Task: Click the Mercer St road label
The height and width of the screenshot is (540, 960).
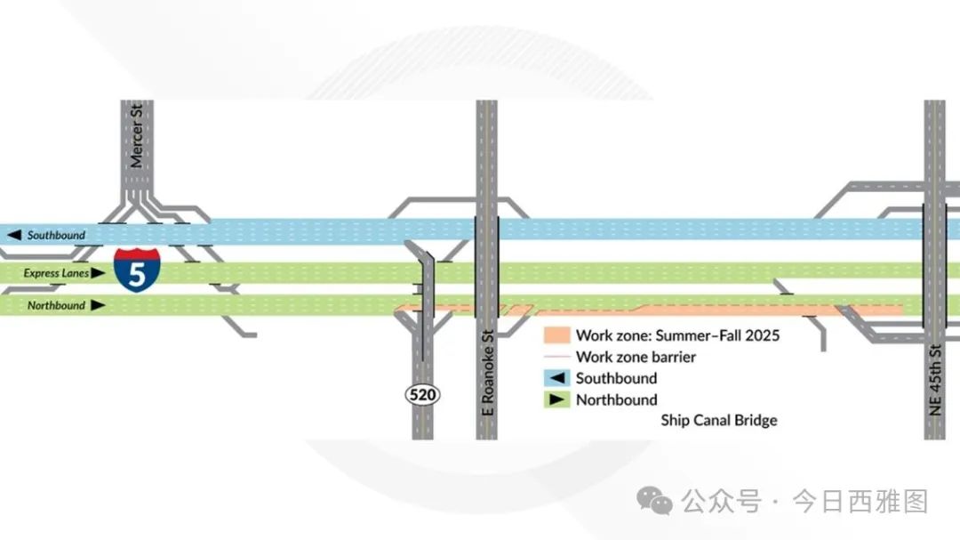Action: tap(136, 136)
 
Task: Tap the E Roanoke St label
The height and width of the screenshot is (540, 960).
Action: tap(487, 374)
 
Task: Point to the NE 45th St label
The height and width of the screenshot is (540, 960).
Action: tap(935, 380)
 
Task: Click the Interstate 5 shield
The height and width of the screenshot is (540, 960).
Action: tap(137, 270)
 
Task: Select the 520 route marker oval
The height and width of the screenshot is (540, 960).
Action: tap(422, 395)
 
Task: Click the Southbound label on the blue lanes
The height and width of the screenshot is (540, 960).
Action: tap(56, 235)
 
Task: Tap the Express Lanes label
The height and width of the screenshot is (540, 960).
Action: tap(56, 273)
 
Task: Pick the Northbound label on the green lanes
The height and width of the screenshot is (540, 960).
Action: tap(56, 305)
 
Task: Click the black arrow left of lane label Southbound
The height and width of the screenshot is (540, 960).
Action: tap(14, 235)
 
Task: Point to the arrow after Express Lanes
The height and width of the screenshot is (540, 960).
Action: tap(98, 273)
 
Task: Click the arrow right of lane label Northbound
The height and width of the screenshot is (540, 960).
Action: tap(98, 305)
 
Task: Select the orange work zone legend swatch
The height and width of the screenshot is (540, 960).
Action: tap(557, 335)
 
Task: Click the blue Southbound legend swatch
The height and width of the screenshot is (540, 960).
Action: tap(557, 378)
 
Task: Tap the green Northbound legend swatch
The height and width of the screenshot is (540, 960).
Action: tap(557, 399)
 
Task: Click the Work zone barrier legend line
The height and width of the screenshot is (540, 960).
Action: tap(557, 357)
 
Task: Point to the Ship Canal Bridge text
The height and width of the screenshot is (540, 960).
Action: tap(719, 421)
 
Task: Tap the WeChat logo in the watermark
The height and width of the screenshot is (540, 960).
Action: tap(654, 501)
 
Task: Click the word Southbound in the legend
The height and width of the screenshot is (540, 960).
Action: tap(617, 378)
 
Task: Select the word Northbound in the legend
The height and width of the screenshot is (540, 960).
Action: tap(617, 399)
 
